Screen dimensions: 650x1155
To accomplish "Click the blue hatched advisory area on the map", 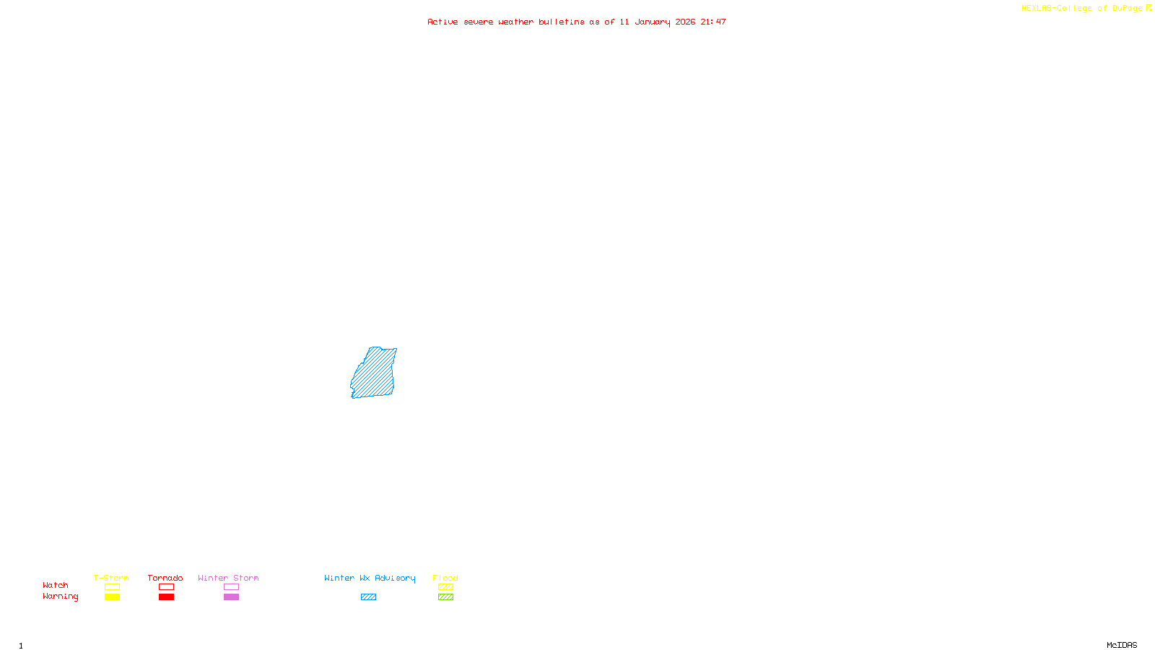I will (x=374, y=373).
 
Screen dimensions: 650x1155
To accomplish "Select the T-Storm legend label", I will (x=111, y=578).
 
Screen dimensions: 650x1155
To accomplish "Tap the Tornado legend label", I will (x=165, y=578).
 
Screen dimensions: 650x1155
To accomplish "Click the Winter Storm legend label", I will (x=228, y=578).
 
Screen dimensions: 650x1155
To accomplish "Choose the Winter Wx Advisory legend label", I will (x=370, y=578).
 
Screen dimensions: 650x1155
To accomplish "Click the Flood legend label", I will (x=445, y=578).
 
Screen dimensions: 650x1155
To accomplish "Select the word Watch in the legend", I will (x=56, y=586).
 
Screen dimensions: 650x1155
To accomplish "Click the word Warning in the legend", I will (x=60, y=597).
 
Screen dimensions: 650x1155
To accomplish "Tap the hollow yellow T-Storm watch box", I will (x=112, y=587).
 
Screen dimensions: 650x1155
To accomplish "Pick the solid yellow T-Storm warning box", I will (x=112, y=597).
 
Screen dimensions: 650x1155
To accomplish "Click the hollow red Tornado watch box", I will (x=166, y=587).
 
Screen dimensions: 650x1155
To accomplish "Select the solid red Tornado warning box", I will (x=166, y=597).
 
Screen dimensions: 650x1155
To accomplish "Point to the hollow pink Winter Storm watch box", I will (x=231, y=587).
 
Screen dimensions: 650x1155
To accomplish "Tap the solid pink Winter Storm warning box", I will (x=231, y=597).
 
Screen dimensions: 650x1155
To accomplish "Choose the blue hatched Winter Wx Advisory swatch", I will (x=368, y=597).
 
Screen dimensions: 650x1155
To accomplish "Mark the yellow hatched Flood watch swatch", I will (x=445, y=587).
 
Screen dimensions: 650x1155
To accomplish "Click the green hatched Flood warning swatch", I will (x=445, y=597).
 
